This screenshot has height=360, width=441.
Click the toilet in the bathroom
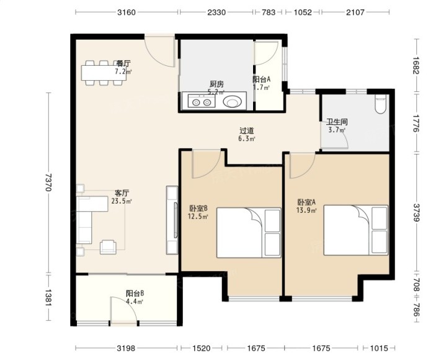click(x=381, y=104)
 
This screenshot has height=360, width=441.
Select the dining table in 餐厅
click(x=104, y=73)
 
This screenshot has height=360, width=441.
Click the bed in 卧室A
click(x=356, y=230)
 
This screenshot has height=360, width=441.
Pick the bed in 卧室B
click(x=249, y=233)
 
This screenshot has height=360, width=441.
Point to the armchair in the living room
click(x=108, y=247)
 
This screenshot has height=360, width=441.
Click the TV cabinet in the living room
click(x=172, y=220)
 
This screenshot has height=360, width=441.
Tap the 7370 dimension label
click(x=48, y=182)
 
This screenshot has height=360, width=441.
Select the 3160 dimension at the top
click(x=127, y=12)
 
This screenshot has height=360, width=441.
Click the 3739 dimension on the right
click(x=417, y=212)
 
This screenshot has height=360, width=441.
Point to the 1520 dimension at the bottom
click(x=202, y=348)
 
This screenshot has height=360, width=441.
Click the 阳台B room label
click(x=135, y=294)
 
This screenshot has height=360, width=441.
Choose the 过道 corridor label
click(x=247, y=130)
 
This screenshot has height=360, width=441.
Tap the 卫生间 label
click(x=337, y=122)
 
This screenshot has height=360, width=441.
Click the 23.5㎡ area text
click(x=122, y=201)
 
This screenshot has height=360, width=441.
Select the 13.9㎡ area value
click(x=306, y=210)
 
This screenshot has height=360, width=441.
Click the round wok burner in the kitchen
click(x=233, y=102)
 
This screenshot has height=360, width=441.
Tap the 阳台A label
click(x=262, y=79)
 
